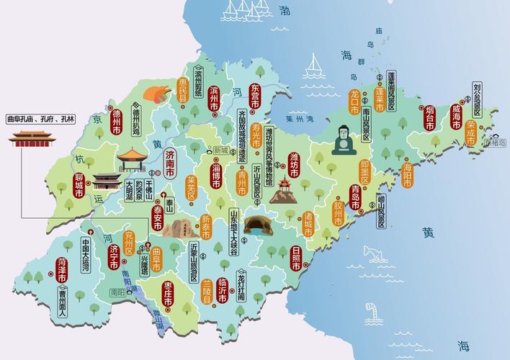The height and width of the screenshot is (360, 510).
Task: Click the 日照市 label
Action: pos(296,257)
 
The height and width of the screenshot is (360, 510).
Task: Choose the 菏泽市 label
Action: pos(62,268)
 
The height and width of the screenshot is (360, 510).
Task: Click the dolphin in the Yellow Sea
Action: pos(374,252)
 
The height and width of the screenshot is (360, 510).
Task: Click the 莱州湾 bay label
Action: pos(299,119)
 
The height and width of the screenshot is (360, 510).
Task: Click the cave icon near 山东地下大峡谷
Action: pos(257,225)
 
